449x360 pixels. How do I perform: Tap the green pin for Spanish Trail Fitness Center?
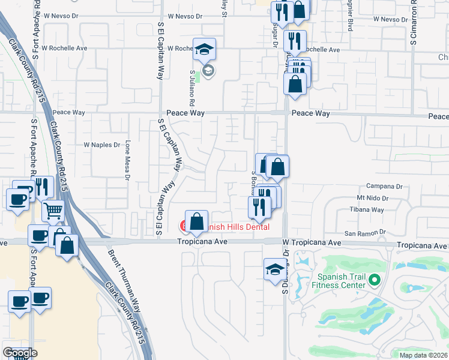pyautogui.click(x=375, y=280)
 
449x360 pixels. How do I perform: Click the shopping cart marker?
pyautogui.click(x=53, y=211)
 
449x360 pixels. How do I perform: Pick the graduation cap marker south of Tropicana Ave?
pyautogui.click(x=274, y=269)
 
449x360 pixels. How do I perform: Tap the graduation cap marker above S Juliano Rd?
pyautogui.click(x=204, y=49)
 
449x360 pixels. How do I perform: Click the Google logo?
pyautogui.click(x=20, y=353)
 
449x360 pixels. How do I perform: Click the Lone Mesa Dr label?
pyautogui.click(x=127, y=160)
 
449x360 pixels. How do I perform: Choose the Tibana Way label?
pyautogui.click(x=370, y=210)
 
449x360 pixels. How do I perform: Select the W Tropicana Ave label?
pyautogui.click(x=312, y=243)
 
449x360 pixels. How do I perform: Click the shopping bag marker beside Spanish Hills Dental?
pyautogui.click(x=196, y=221)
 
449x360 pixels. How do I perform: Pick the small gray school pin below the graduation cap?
pyautogui.click(x=208, y=72)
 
